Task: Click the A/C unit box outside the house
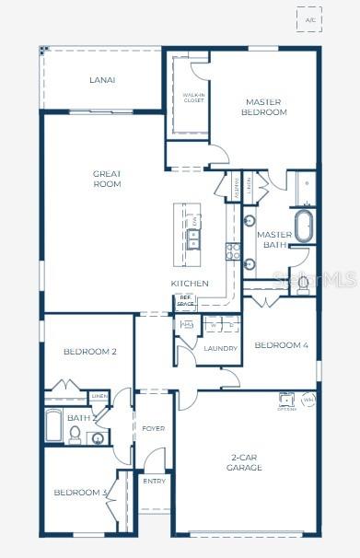(x=308, y=20)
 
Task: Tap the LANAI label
(x=102, y=80)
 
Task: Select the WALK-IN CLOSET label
(x=193, y=98)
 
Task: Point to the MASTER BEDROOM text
(x=265, y=107)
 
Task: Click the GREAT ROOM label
(x=107, y=179)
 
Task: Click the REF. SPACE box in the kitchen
(x=185, y=300)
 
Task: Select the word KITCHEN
(x=190, y=284)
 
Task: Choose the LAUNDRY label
(x=221, y=349)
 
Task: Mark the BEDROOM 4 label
(x=281, y=345)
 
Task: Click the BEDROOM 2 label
(x=90, y=352)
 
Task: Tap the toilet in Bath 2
(x=76, y=436)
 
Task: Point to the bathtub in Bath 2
(x=53, y=427)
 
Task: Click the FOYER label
(x=153, y=429)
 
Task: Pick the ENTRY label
(x=153, y=481)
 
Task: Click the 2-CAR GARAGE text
(x=245, y=462)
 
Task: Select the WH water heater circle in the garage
(x=308, y=400)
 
